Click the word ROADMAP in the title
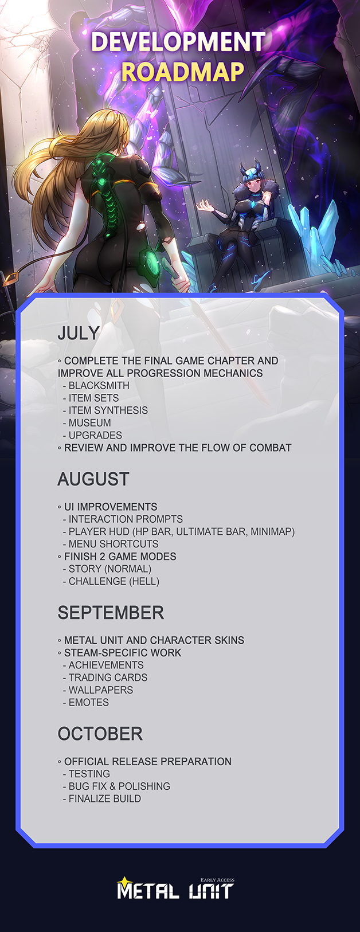pyautogui.click(x=183, y=72)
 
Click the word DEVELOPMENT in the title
pyautogui.click(x=178, y=42)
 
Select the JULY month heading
pyautogui.click(x=79, y=333)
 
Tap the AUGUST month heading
pyautogui.click(x=93, y=479)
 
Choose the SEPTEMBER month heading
pyautogui.click(x=111, y=613)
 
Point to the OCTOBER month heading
pyautogui.click(x=100, y=734)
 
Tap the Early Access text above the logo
pyautogui.click(x=217, y=880)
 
